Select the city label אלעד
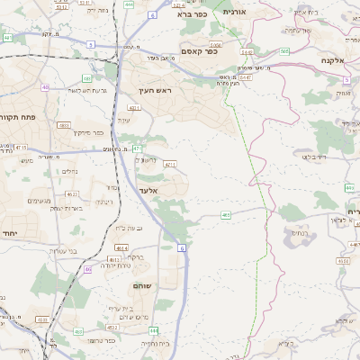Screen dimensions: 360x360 pos(148,190)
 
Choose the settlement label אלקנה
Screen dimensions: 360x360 pos(334,60)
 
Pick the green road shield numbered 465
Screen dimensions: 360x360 pos(226,215)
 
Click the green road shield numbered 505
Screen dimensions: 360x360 pos(284,51)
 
